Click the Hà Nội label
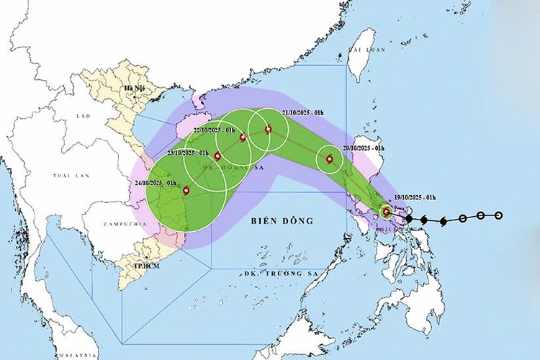tap(134, 88)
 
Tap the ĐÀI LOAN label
tap(363, 49)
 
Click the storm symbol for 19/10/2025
tap(387, 212)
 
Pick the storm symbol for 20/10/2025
tap(330, 159)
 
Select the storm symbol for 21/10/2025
tap(269, 130)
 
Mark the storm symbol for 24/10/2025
tap(186, 191)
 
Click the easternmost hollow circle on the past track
tap(499, 215)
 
